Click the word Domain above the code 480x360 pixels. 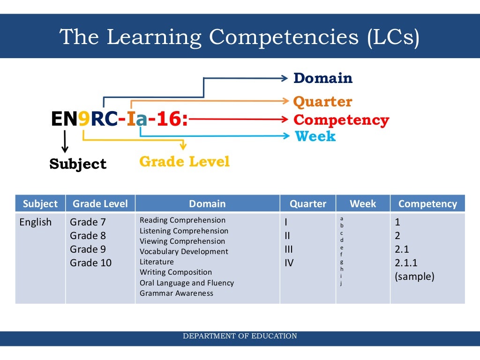coord(322,78)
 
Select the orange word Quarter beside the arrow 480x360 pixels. coord(322,102)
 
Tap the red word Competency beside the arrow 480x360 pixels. coord(341,120)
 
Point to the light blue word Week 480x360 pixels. coord(315,136)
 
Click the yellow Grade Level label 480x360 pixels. coord(184,162)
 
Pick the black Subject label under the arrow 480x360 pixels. coord(78,164)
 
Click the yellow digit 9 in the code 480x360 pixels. coord(84,120)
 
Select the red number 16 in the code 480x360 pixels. coord(168,120)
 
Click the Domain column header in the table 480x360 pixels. coord(207,204)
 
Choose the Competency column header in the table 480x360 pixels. coord(427,204)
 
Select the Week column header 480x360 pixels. coord(363,204)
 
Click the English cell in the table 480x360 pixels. coord(36,222)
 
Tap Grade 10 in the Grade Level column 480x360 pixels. coord(91,262)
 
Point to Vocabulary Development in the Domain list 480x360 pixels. coord(184,251)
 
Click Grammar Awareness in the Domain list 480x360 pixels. coord(176,293)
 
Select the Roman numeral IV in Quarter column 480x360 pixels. coord(289,262)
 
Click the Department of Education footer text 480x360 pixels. coord(240,336)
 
